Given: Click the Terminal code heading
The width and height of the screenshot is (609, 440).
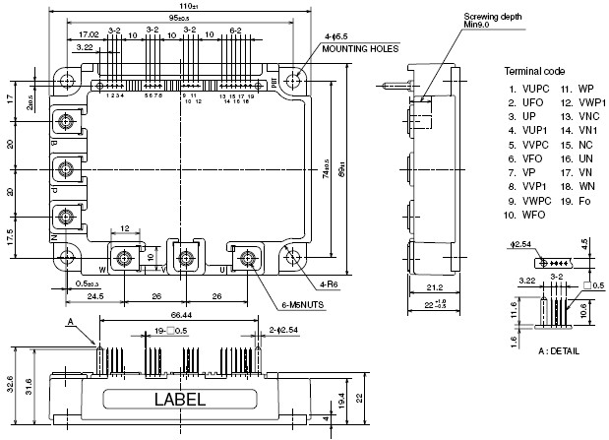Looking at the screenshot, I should (534, 72).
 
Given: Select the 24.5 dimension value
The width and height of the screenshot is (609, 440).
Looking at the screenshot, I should (94, 294).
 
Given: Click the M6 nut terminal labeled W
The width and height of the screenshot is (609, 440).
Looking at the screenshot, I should (125, 259).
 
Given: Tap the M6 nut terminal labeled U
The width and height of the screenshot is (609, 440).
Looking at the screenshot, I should (246, 259).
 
